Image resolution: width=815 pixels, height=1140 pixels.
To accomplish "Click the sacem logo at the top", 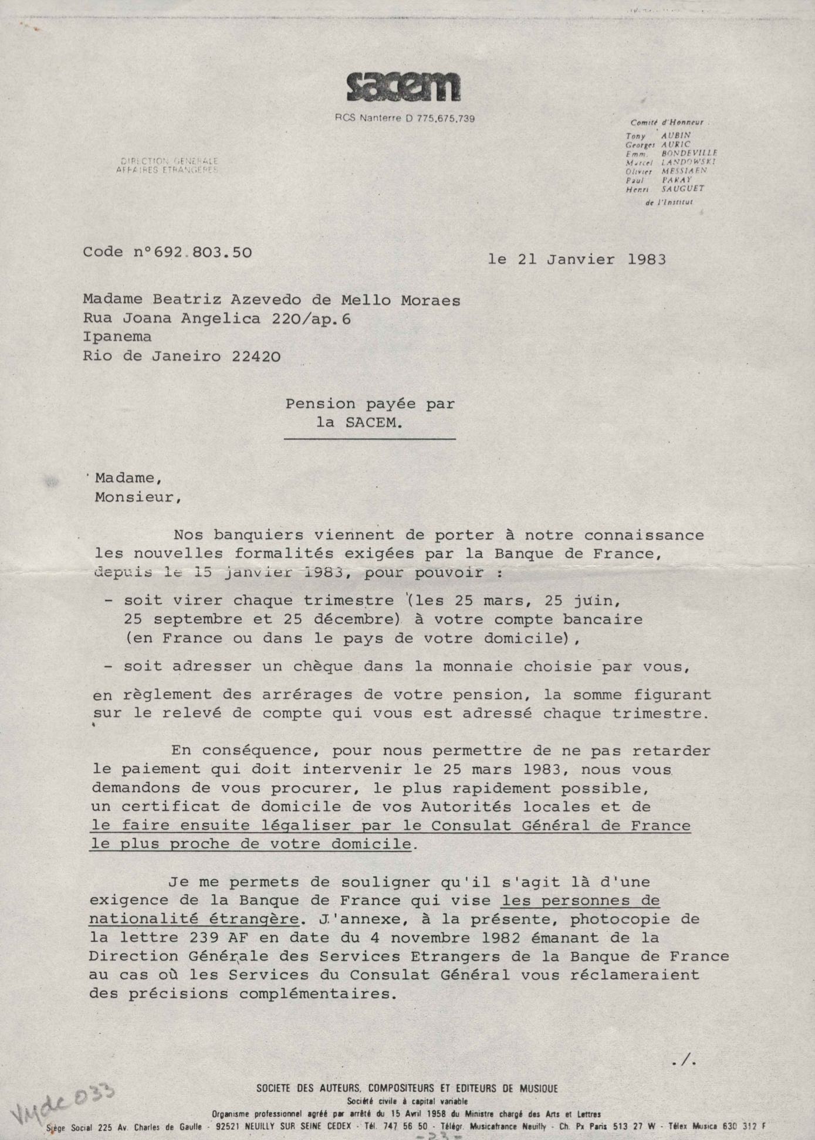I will click(x=403, y=89).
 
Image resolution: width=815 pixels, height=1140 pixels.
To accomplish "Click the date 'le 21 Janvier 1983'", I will click(x=577, y=259).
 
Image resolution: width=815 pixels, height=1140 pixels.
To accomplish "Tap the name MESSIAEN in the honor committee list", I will click(x=684, y=171).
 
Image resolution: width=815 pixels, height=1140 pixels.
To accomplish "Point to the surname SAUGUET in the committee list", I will click(x=682, y=189).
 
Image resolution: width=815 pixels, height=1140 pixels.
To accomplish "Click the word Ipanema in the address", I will click(x=117, y=337).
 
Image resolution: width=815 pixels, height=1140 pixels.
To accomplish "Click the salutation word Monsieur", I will click(x=134, y=497).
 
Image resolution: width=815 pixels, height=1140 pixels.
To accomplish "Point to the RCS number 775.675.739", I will click(x=445, y=118).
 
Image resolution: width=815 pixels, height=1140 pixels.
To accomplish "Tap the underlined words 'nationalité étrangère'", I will click(x=194, y=918).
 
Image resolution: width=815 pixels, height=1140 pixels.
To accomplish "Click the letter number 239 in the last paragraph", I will click(x=205, y=937).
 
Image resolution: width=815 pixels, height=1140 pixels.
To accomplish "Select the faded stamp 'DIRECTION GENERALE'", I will click(x=169, y=161).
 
